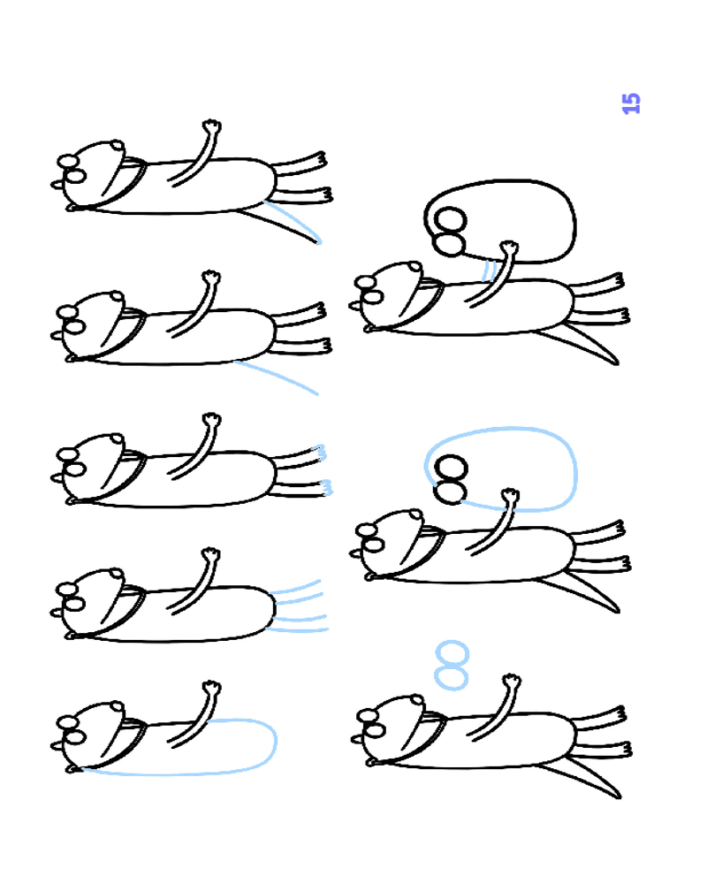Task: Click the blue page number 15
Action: click(631, 103)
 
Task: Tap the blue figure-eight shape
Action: click(452, 666)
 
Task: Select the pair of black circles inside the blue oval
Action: click(451, 478)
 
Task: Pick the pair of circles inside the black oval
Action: click(450, 231)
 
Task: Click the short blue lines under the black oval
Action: click(489, 270)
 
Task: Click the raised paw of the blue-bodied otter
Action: click(211, 689)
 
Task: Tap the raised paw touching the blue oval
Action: click(510, 496)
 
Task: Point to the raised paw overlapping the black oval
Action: click(509, 248)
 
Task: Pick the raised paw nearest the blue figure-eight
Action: click(512, 681)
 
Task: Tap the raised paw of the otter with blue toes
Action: click(212, 421)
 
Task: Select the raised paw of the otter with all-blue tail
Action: click(211, 278)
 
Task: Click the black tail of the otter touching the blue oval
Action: click(582, 591)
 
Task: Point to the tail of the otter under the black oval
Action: click(581, 344)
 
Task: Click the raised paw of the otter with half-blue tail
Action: click(212, 126)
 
